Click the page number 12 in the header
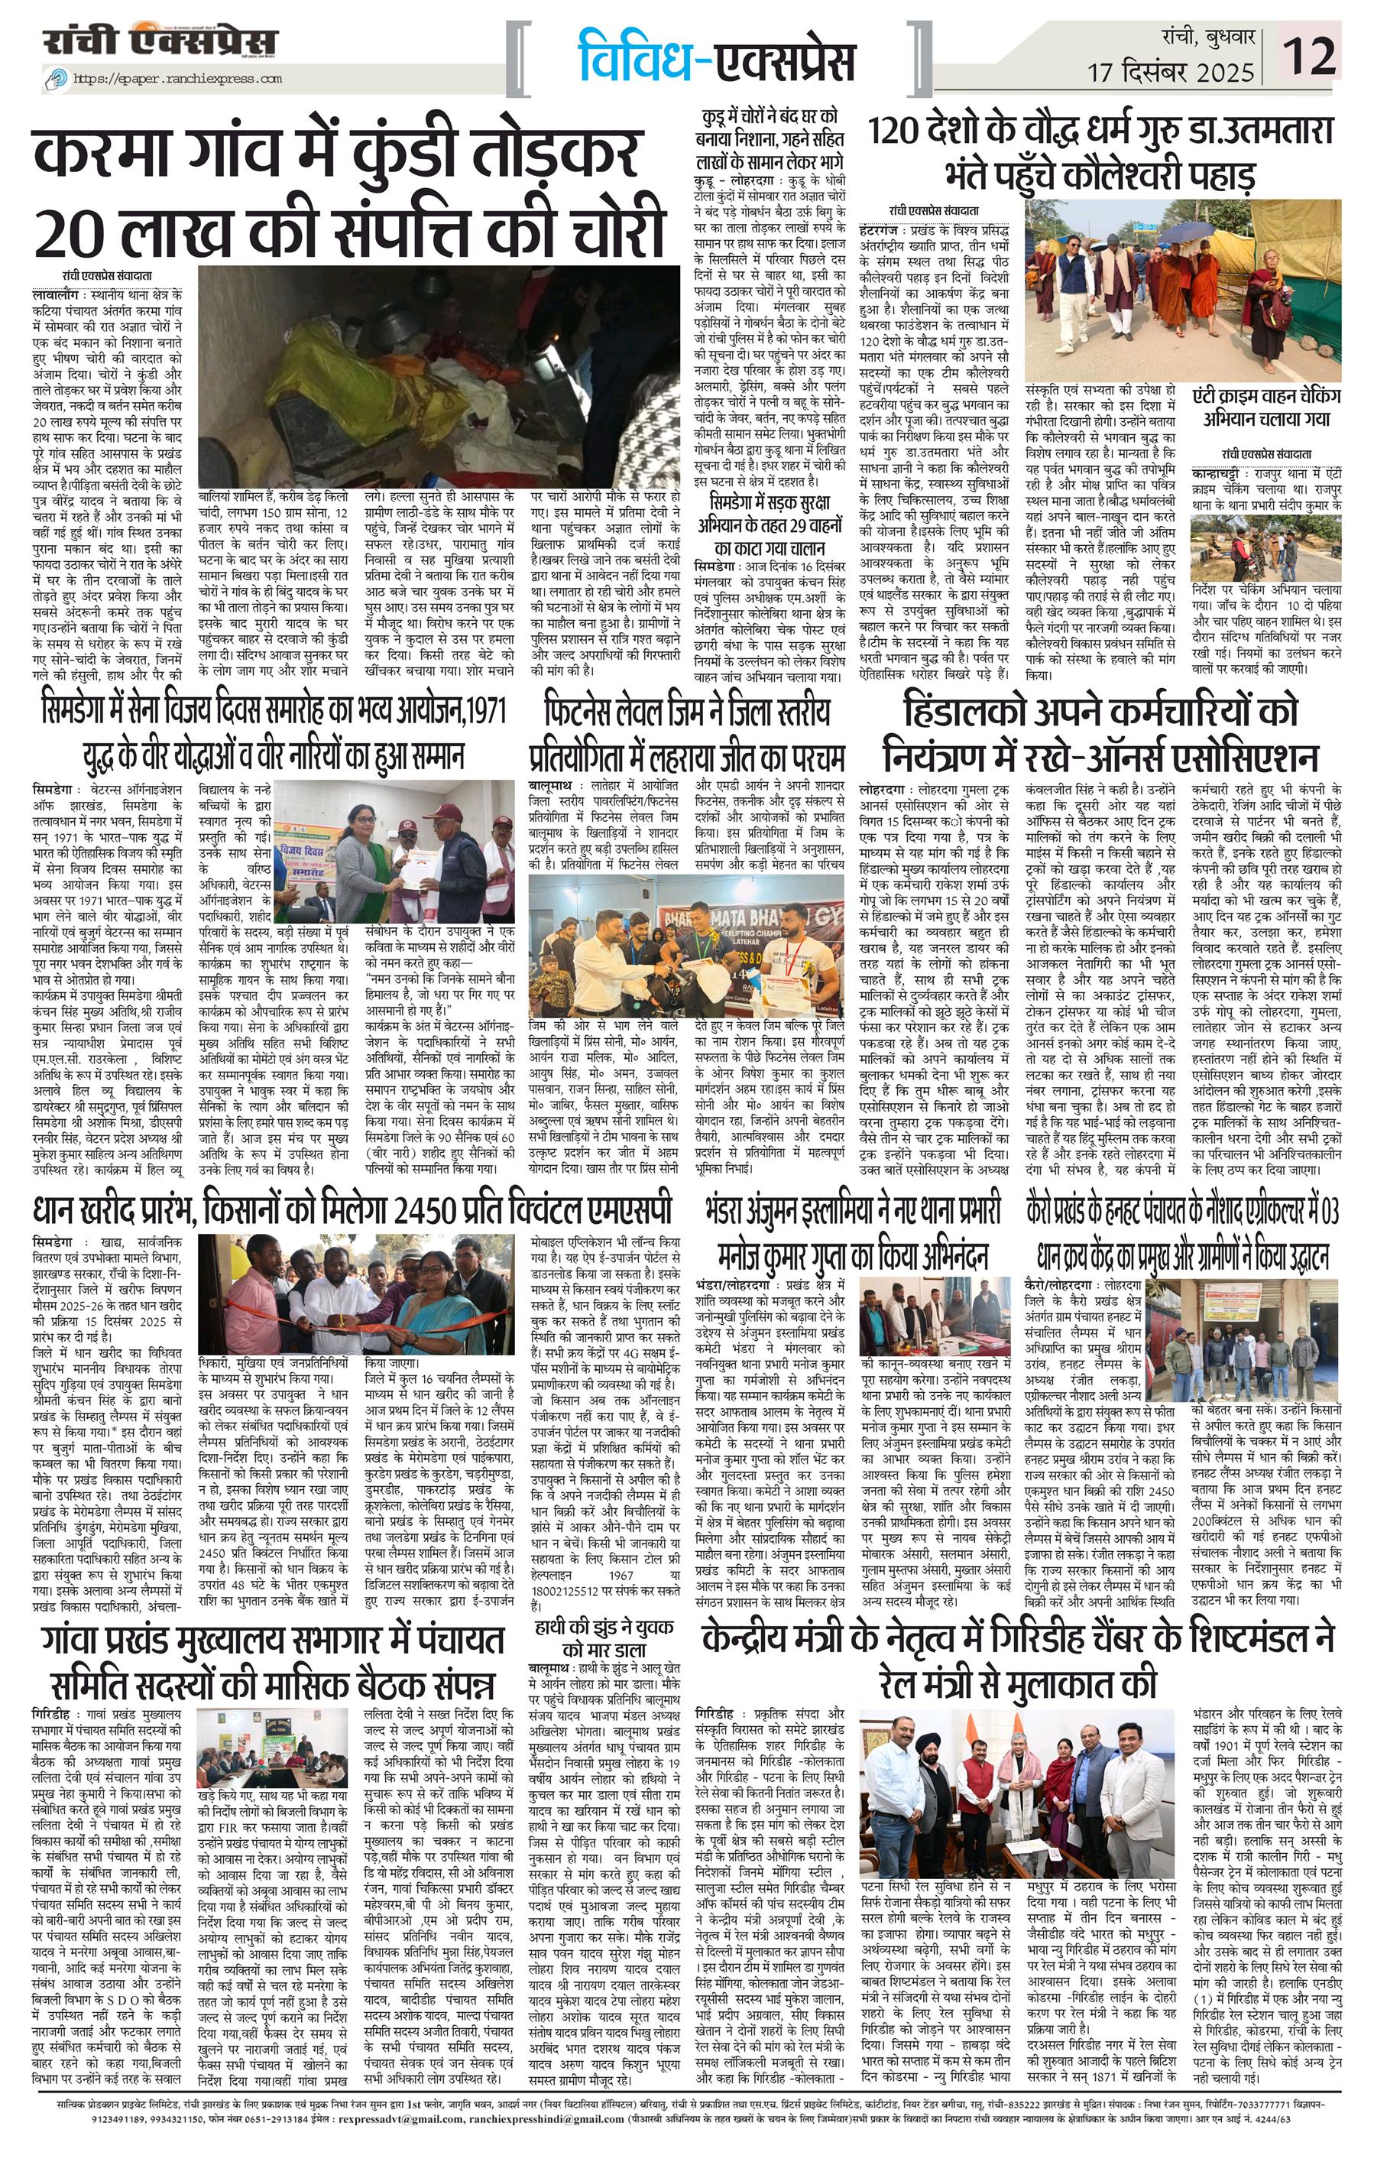pos(1312,56)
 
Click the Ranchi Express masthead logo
pos(163,42)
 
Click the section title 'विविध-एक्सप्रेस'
pos(716,58)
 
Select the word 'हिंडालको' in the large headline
pos(985,714)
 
